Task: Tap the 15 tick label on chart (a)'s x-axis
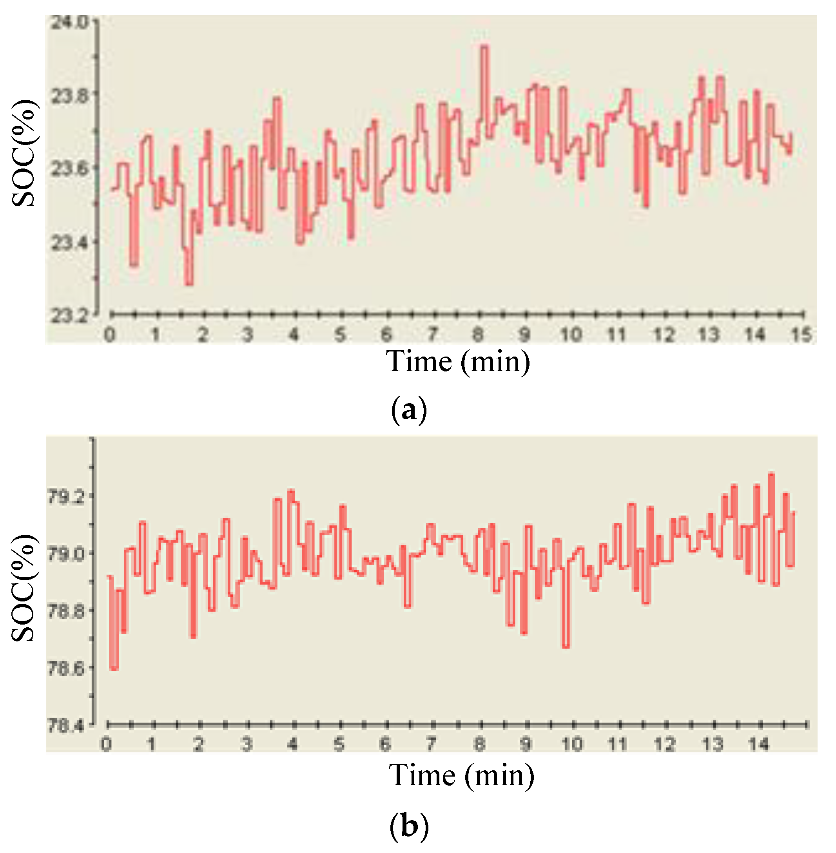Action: (x=801, y=335)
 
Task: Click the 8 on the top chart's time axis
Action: (x=478, y=335)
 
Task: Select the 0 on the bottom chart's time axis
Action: (x=106, y=744)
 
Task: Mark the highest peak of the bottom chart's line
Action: (x=771, y=474)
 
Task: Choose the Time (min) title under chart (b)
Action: (x=461, y=775)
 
